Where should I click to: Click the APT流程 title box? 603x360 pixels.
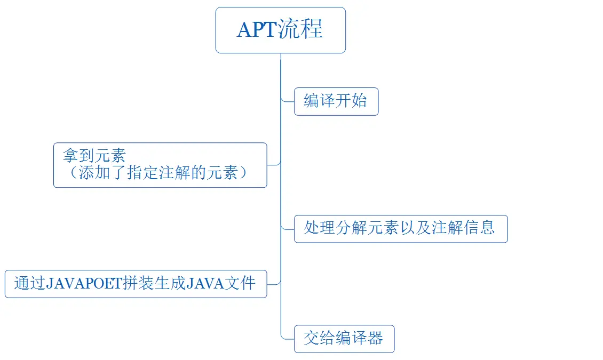click(280, 30)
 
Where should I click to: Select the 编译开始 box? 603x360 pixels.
click(336, 101)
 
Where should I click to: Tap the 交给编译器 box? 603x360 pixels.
click(344, 339)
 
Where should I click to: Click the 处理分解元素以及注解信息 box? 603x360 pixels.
click(400, 228)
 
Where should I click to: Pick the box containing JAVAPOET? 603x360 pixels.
click(136, 284)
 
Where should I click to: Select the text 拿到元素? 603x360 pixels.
click(94, 156)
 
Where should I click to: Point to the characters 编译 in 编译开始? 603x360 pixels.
click(320, 101)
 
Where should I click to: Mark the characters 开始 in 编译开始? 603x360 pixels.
click(352, 101)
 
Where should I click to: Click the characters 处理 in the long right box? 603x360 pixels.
click(320, 228)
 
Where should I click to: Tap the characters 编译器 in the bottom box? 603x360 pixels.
click(360, 339)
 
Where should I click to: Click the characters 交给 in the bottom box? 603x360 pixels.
click(320, 339)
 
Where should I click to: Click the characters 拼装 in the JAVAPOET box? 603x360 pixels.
click(139, 283)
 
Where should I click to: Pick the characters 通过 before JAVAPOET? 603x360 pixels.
click(30, 283)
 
